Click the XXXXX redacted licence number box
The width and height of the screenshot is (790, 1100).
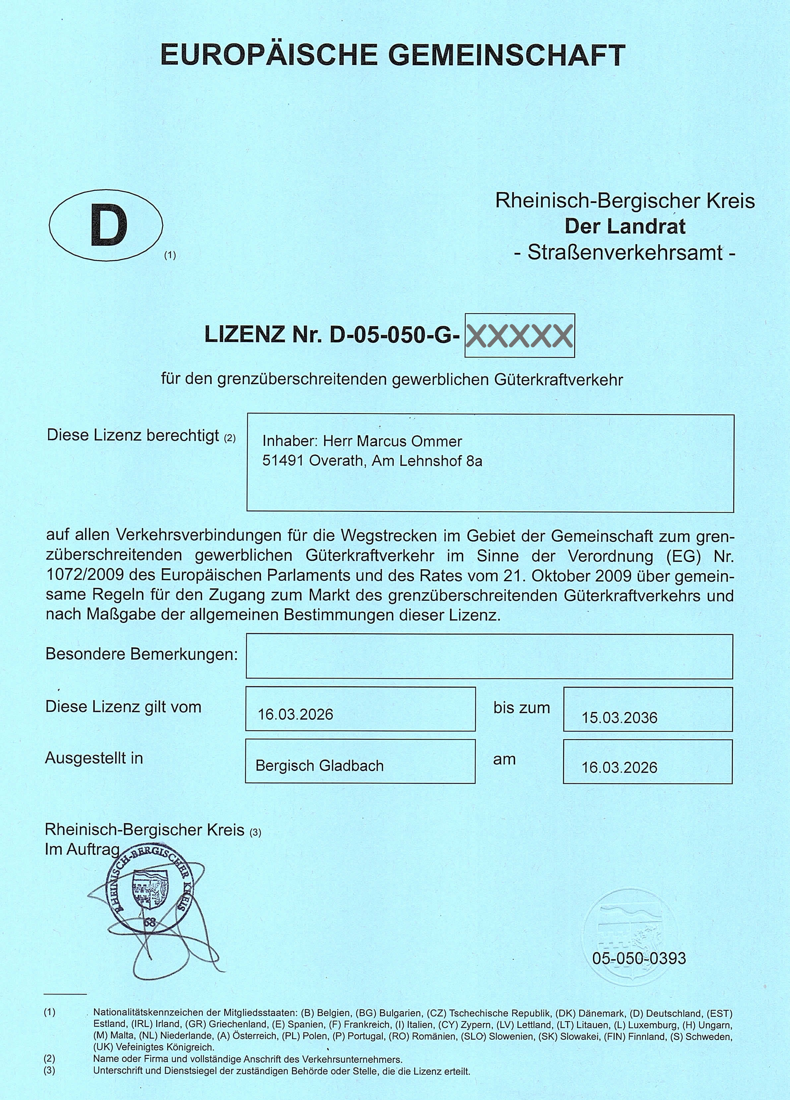click(x=519, y=336)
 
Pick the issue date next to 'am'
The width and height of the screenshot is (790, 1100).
click(x=619, y=767)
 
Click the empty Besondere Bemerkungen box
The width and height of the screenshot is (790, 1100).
click(x=489, y=656)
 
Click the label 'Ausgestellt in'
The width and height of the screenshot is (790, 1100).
click(x=94, y=758)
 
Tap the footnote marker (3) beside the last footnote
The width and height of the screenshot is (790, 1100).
click(x=49, y=1071)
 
